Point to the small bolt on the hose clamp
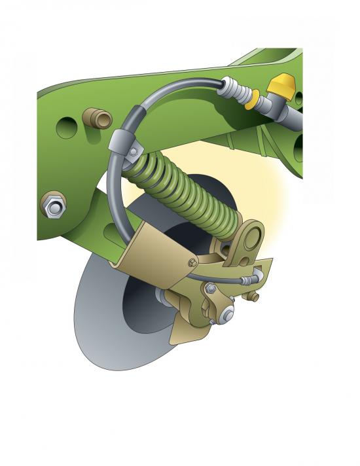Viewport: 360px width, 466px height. point(134,152)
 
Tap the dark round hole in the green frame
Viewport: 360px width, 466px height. point(65,126)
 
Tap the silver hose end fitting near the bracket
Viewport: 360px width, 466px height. point(249,280)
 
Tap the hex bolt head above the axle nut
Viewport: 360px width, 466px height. point(211,288)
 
